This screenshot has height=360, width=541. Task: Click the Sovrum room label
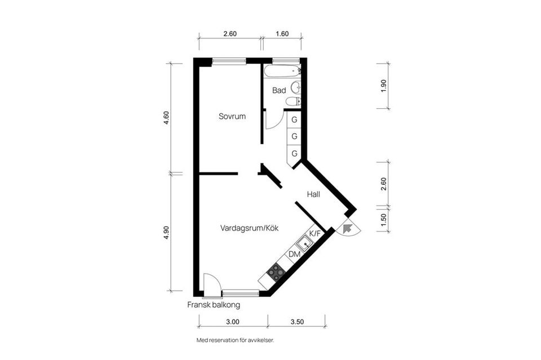tap(232, 117)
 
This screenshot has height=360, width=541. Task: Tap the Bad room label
tap(279, 90)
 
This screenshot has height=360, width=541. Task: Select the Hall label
tap(313, 194)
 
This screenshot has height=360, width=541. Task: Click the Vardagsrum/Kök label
tap(249, 228)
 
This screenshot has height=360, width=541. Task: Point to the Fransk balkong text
tap(214, 305)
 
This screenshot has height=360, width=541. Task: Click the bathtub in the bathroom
tap(282, 72)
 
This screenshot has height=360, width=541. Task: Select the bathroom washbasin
tap(296, 88)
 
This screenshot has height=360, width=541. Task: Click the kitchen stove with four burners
tap(276, 272)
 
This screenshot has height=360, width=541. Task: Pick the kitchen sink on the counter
tap(304, 243)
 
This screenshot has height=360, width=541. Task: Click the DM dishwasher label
tap(294, 254)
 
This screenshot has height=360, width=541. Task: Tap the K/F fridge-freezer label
tap(315, 233)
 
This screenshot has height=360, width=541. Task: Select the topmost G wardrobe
tap(294, 119)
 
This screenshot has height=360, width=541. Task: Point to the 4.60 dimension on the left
tap(167, 118)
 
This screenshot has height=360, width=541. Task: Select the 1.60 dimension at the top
tap(282, 34)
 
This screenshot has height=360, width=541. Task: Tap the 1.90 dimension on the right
tap(384, 86)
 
